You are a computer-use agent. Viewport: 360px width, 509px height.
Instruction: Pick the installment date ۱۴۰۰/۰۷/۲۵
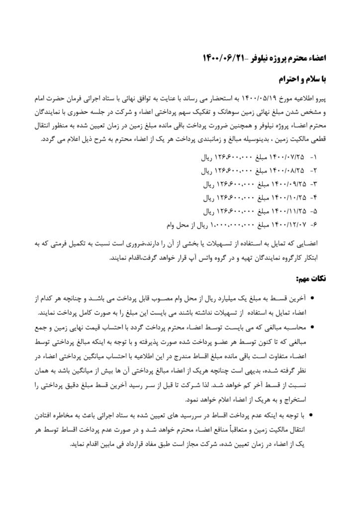pyautogui.click(x=287, y=158)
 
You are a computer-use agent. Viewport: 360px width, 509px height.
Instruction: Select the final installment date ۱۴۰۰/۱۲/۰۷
pyautogui.click(x=287, y=224)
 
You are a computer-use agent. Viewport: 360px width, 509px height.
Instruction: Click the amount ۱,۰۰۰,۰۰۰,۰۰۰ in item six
pyautogui.click(x=232, y=224)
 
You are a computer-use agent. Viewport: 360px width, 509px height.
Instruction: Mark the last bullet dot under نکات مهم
pyautogui.click(x=312, y=414)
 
